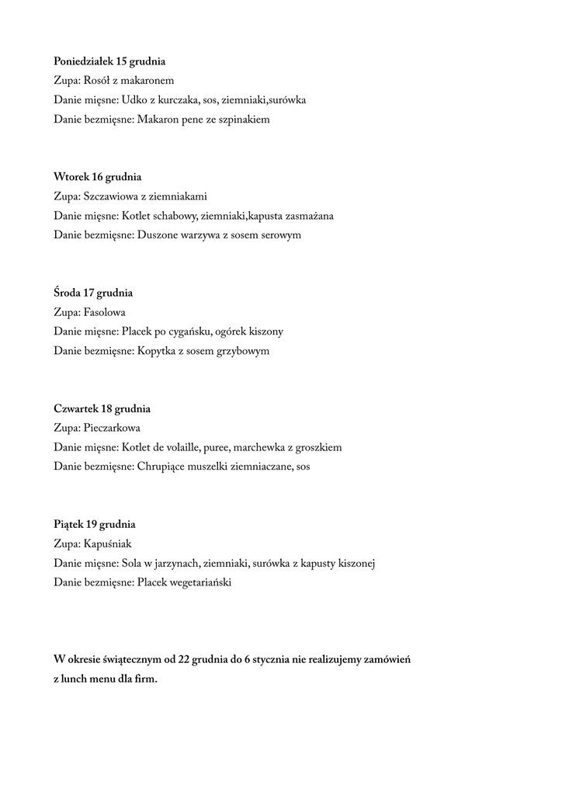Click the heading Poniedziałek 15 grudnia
pyautogui.click(x=109, y=61)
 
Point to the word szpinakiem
pyautogui.click(x=245, y=120)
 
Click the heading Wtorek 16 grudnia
pyautogui.click(x=97, y=177)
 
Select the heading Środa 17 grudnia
pyautogui.click(x=93, y=293)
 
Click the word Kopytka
pyautogui.click(x=156, y=352)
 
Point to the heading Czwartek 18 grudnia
pyautogui.click(x=102, y=409)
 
